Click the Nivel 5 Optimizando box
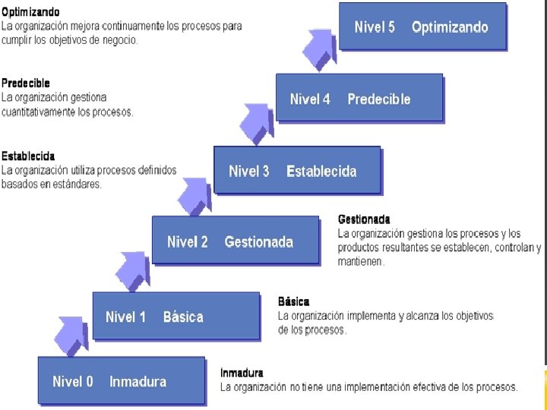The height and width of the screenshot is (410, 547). point(422,27)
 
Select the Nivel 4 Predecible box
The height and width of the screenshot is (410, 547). point(359,99)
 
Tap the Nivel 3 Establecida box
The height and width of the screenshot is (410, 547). point(297,171)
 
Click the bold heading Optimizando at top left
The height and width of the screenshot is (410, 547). point(31,13)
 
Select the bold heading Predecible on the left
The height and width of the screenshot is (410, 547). point(26,84)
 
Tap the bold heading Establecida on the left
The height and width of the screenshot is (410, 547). point(28,156)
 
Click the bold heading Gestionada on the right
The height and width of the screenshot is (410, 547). point(364,220)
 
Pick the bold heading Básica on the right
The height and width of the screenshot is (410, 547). point(293,301)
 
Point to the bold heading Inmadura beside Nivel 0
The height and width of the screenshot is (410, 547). point(242,373)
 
